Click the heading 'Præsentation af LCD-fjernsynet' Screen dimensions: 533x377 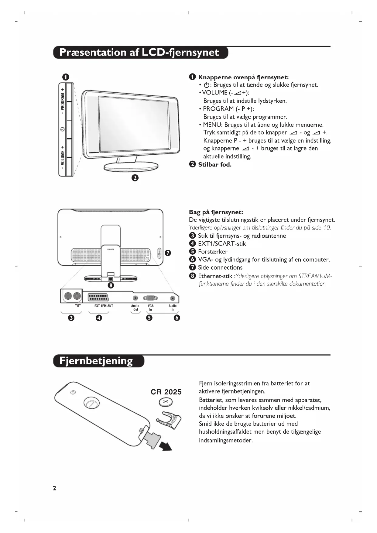[139, 53]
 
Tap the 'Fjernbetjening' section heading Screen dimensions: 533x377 [96, 361]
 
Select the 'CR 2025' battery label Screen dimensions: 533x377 [166, 392]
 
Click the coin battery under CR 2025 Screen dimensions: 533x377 [166, 403]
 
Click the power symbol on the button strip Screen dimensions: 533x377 [62, 129]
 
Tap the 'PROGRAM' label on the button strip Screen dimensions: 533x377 [63, 101]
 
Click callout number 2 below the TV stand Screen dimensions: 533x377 [135, 178]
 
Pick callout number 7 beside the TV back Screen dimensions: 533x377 [168, 253]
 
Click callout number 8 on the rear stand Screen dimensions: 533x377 [111, 285]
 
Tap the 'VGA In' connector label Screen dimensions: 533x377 [150, 308]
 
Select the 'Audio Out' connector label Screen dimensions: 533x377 [135, 308]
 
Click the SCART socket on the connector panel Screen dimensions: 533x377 [98, 297]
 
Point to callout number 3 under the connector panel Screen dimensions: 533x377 [71, 318]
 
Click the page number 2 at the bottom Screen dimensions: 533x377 [55, 488]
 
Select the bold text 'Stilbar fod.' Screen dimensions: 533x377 [215, 165]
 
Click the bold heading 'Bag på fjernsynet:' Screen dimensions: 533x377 [216, 212]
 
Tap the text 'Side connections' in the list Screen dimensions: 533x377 [220, 268]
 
